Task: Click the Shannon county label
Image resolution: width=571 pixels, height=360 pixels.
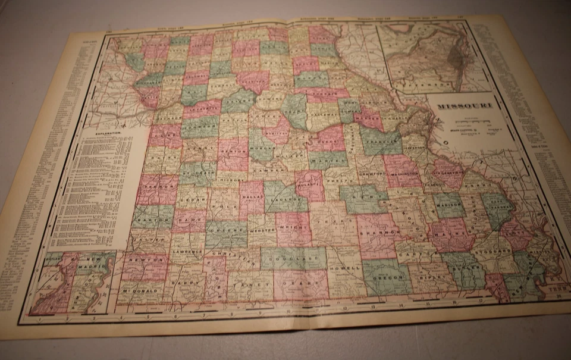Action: click(376, 233)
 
